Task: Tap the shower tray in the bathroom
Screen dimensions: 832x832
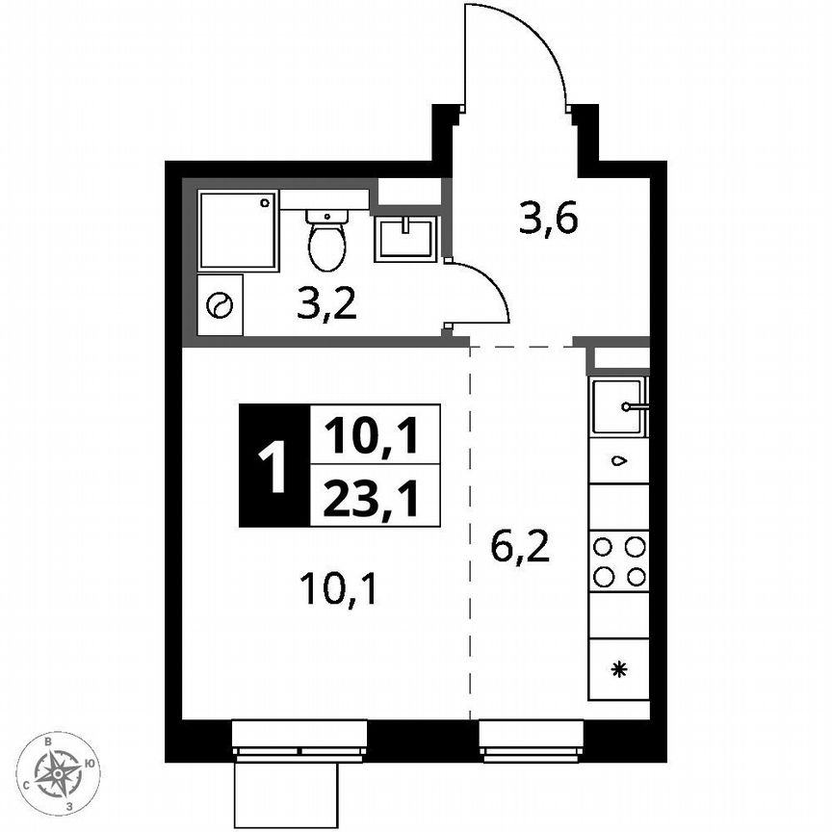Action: [238, 230]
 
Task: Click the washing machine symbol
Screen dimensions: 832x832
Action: [220, 305]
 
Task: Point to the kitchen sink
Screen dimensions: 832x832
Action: [617, 408]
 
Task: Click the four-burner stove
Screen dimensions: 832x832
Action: [618, 561]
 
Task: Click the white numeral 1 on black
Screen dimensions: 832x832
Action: [274, 465]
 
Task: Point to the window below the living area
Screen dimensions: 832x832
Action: [299, 740]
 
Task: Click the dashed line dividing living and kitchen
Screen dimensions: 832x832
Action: [470, 530]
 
